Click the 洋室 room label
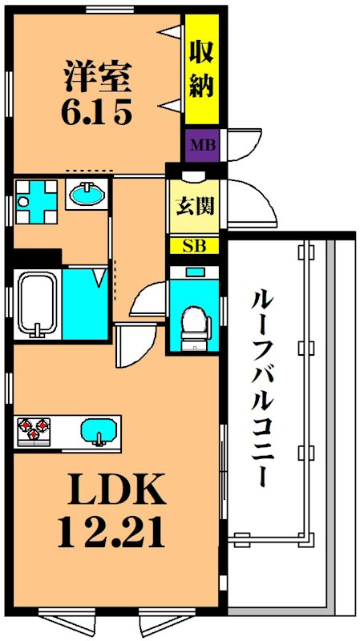pyautogui.click(x=95, y=79)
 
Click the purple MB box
pyautogui.click(x=200, y=147)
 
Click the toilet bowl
pyautogui.click(x=193, y=325)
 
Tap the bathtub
pyautogui.click(x=36, y=305)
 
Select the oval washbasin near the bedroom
pyautogui.click(x=86, y=194)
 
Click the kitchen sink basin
pyautogui.click(x=97, y=430)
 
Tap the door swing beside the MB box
pyautogui.click(x=245, y=144)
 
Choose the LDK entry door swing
pyautogui.click(x=131, y=345)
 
